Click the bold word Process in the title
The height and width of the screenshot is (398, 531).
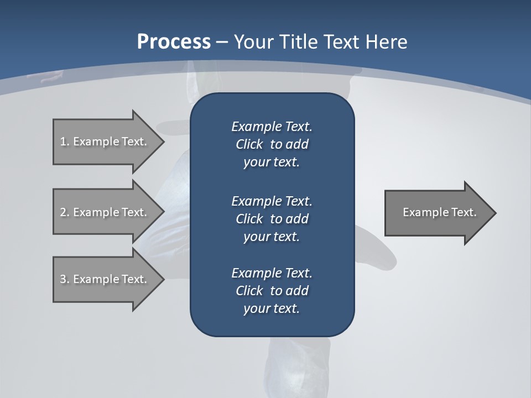click(174, 41)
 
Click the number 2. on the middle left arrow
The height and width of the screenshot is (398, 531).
click(64, 212)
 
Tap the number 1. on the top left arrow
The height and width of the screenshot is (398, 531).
click(64, 142)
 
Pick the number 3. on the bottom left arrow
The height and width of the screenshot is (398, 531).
click(64, 279)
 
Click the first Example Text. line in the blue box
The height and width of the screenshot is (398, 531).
click(272, 127)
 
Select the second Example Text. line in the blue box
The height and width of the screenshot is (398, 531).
click(272, 201)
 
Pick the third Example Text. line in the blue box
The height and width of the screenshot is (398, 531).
click(272, 273)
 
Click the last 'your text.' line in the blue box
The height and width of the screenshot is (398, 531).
click(272, 309)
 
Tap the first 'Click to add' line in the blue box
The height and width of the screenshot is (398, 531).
click(272, 145)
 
